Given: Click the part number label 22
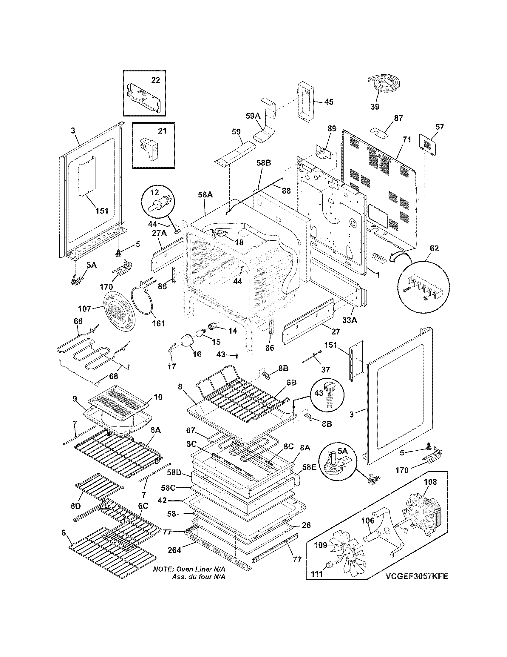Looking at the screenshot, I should (x=156, y=80).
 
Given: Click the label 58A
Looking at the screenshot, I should (x=205, y=195).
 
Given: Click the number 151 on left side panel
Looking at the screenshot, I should (x=102, y=211).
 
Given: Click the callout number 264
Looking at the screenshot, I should (x=174, y=550).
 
